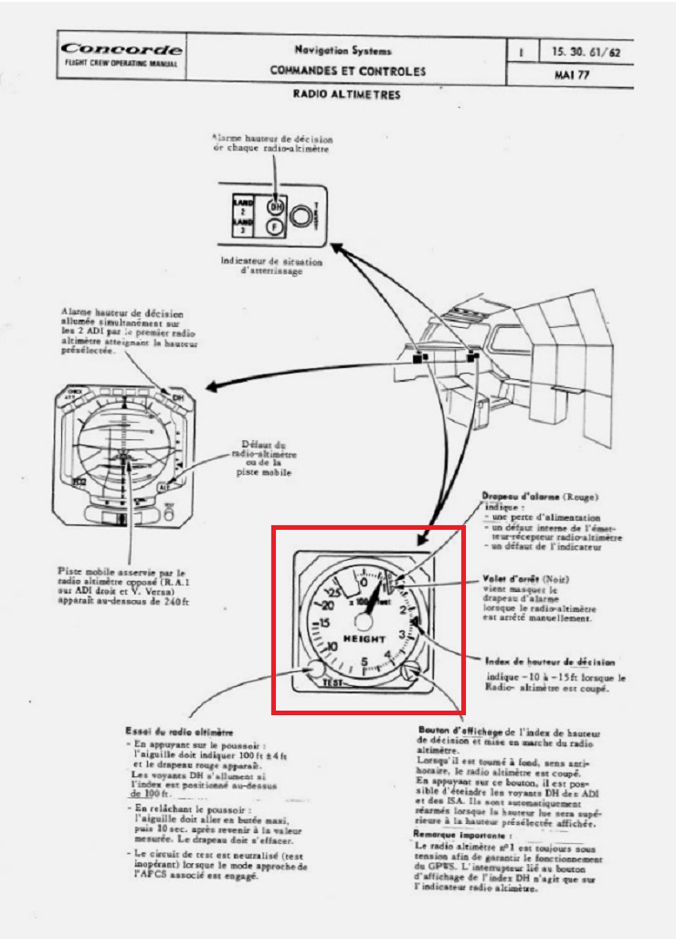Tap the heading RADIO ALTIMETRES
click(347, 93)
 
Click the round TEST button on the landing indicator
click(301, 216)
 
